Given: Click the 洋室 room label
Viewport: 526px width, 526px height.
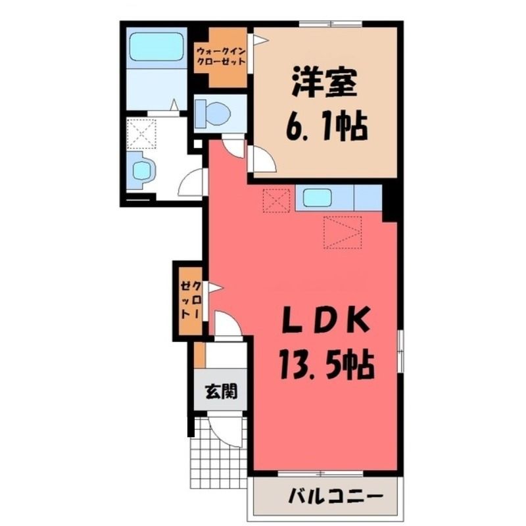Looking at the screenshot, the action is click(x=324, y=83).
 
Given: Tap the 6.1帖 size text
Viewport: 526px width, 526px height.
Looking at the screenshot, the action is click(x=327, y=127).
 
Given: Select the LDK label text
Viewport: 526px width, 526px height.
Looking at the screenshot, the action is click(x=326, y=320).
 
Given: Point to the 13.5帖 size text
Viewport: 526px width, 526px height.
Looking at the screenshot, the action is click(x=325, y=365).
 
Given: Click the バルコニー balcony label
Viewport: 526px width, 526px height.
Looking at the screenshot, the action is click(x=335, y=496).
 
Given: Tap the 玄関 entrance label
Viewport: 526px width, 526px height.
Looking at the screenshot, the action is click(x=221, y=391).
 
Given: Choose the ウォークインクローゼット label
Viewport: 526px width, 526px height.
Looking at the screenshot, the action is click(x=221, y=57).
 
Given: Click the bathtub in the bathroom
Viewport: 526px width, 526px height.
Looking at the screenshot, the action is click(x=156, y=47).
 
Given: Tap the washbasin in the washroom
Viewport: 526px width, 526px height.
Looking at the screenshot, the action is click(x=143, y=170).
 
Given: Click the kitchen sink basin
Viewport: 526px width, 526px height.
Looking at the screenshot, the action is click(x=317, y=198).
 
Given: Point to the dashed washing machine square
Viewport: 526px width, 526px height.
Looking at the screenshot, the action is click(x=142, y=133).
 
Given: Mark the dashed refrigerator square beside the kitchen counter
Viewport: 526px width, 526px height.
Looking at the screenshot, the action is click(x=276, y=201).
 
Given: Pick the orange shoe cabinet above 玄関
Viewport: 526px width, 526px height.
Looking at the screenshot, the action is click(x=200, y=355).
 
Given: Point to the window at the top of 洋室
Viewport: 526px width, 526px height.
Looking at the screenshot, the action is click(x=331, y=24).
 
